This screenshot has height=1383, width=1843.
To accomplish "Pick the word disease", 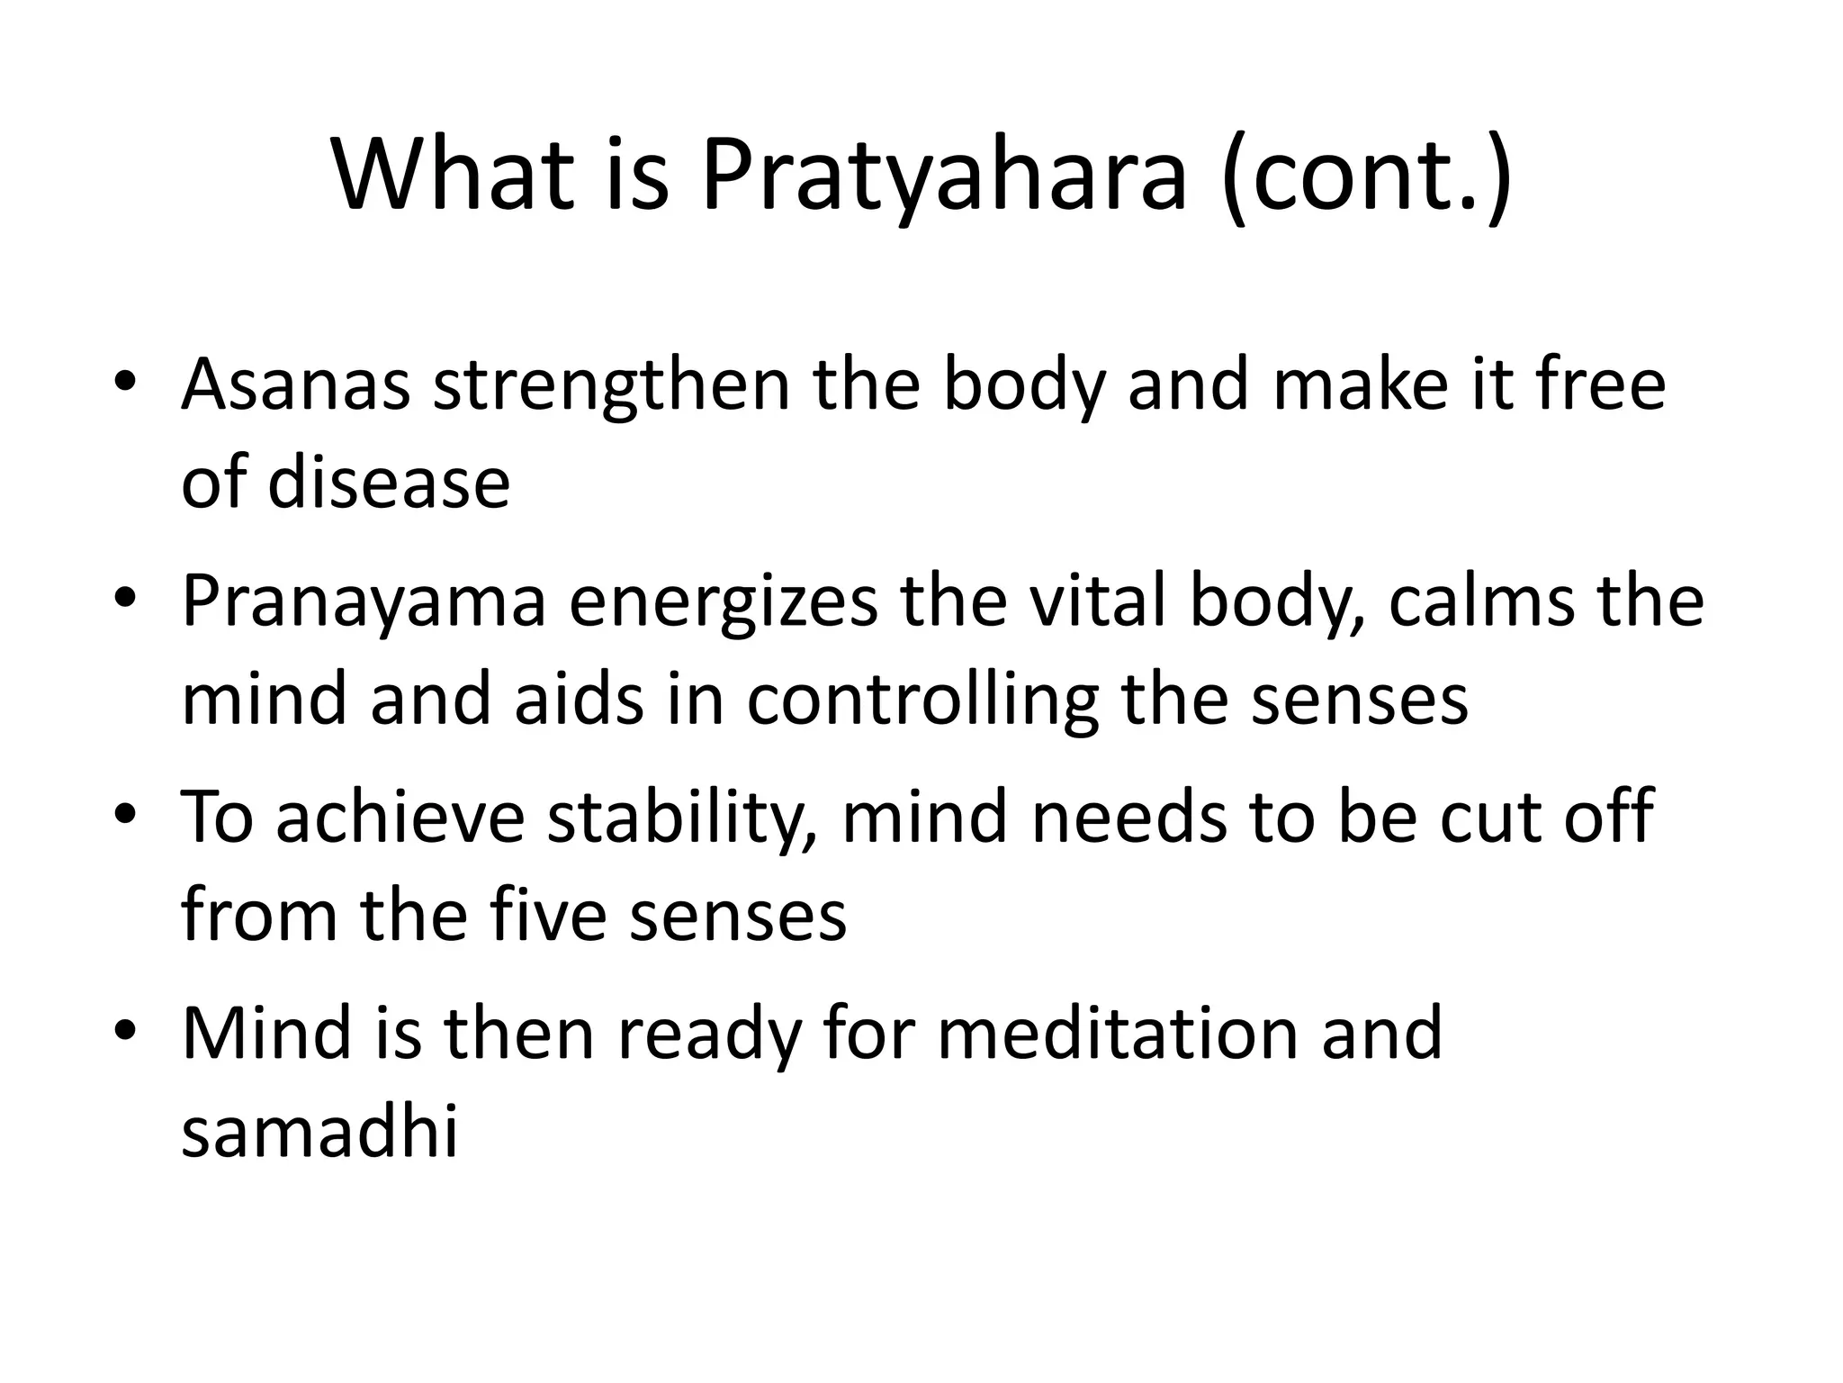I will (x=389, y=484).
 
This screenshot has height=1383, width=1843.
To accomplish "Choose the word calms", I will (x=1481, y=601).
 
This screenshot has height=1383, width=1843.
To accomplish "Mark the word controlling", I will (x=922, y=700).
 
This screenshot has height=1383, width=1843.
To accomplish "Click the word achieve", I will (x=400, y=817).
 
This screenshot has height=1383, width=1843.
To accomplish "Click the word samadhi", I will (x=319, y=1130).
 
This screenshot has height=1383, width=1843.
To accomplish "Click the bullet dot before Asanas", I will (x=125, y=382).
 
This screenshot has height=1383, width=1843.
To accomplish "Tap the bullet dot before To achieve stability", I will (x=125, y=814).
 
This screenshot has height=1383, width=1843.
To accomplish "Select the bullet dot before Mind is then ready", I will (x=125, y=1030).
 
